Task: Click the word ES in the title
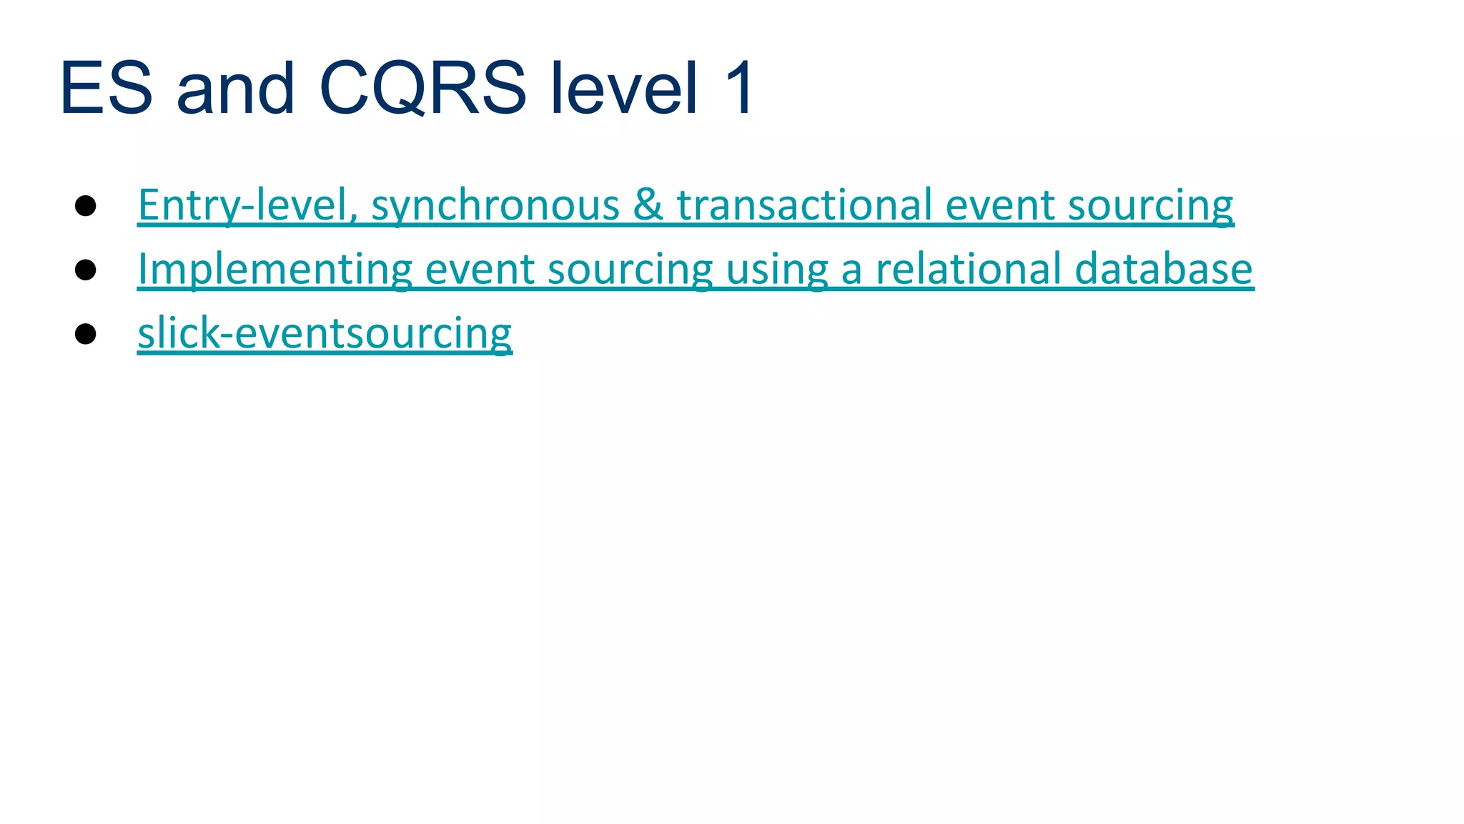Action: [x=106, y=89]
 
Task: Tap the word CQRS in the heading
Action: [x=422, y=89]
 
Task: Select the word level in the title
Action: [x=624, y=89]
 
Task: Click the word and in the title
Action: [x=235, y=89]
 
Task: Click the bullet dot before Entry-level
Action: [x=86, y=206]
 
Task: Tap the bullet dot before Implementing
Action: [x=86, y=270]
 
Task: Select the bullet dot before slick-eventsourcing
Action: [x=86, y=334]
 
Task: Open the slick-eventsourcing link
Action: [x=325, y=334]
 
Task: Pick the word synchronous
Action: [x=495, y=205]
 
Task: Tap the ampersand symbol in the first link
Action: [x=648, y=205]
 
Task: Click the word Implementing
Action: [x=275, y=270]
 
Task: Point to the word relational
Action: [x=969, y=270]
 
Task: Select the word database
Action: [x=1164, y=270]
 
